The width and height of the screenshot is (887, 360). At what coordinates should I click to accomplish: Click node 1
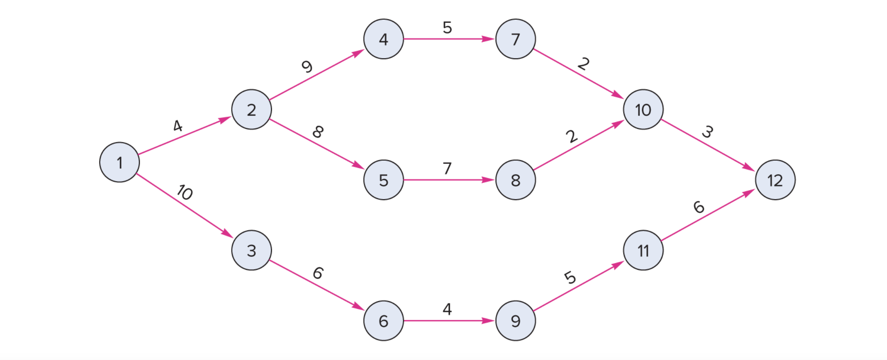[x=120, y=162]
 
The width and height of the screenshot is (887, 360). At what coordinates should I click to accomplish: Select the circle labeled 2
[x=251, y=110]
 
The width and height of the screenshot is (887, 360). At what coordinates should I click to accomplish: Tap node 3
[x=251, y=250]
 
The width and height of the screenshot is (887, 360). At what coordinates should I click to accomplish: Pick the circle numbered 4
[x=383, y=39]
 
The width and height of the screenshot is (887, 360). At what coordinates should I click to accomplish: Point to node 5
[x=383, y=180]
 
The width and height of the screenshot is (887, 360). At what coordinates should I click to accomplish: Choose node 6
[x=383, y=321]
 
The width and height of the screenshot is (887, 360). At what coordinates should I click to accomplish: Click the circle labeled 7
[x=516, y=39]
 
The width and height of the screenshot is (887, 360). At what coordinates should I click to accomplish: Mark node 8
[x=516, y=180]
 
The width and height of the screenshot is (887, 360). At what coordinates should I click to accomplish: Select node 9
[x=516, y=321]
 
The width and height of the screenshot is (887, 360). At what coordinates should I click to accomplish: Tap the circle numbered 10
[x=643, y=110]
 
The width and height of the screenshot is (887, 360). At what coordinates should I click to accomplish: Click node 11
[x=643, y=250]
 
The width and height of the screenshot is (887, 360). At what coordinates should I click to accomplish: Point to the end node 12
[x=775, y=180]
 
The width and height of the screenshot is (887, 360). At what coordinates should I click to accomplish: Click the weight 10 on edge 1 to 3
[x=185, y=192]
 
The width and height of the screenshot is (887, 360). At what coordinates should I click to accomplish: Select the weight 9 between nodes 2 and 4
[x=307, y=66]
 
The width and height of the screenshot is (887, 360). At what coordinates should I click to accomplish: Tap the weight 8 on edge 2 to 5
[x=318, y=132]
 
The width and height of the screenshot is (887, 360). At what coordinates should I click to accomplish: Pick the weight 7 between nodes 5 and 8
[x=447, y=168]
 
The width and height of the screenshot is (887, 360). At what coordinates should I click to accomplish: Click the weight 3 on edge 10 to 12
[x=707, y=132]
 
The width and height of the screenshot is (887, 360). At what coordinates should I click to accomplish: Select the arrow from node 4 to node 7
[x=449, y=39]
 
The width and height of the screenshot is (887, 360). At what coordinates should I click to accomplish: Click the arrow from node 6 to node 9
[x=449, y=321]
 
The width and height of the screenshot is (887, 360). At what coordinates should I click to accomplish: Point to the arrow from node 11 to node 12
[x=708, y=215]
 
